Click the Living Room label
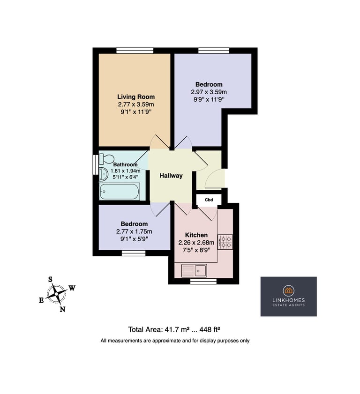pyautogui.click(x=135, y=97)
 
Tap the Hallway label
pyautogui.click(x=171, y=176)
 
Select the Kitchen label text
pyautogui.click(x=196, y=235)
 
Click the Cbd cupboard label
pyautogui.click(x=209, y=200)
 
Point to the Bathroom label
pyautogui.click(x=126, y=164)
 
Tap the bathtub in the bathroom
pyautogui.click(x=120, y=191)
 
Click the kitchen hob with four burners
pyautogui.click(x=225, y=242)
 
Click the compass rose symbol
pyautogui.click(x=57, y=294)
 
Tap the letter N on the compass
pyautogui.click(x=62, y=309)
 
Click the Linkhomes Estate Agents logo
pyautogui.click(x=288, y=296)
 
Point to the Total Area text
pyautogui.click(x=175, y=329)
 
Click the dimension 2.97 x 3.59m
pyautogui.click(x=209, y=92)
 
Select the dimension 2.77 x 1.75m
pyautogui.click(x=134, y=231)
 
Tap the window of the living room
pyautogui.click(x=135, y=51)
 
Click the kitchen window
pyautogui.click(x=203, y=281)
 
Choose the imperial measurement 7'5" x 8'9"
pyautogui.click(x=196, y=250)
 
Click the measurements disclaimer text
pyautogui.click(x=175, y=341)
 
